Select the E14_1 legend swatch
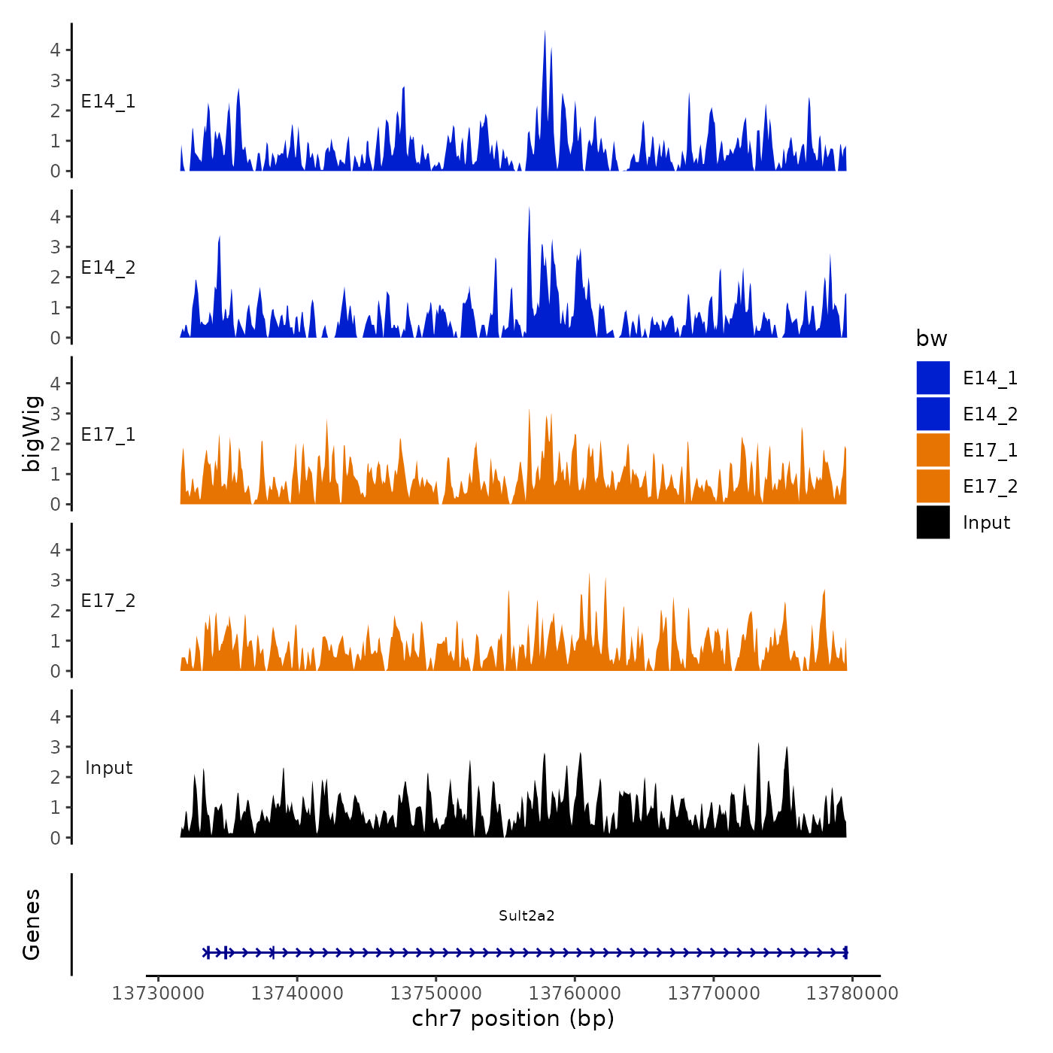click(933, 378)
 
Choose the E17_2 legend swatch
click(933, 486)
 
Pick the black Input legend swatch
click(933, 522)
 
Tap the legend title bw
click(931, 338)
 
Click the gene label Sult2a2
click(526, 915)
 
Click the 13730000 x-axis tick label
click(158, 994)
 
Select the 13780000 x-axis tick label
click(852, 994)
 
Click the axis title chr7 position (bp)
click(513, 1018)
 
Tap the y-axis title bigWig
click(32, 434)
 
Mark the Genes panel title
click(32, 924)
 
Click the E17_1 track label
click(108, 435)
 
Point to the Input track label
click(108, 768)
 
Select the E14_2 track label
click(108, 268)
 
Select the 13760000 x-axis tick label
click(575, 994)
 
